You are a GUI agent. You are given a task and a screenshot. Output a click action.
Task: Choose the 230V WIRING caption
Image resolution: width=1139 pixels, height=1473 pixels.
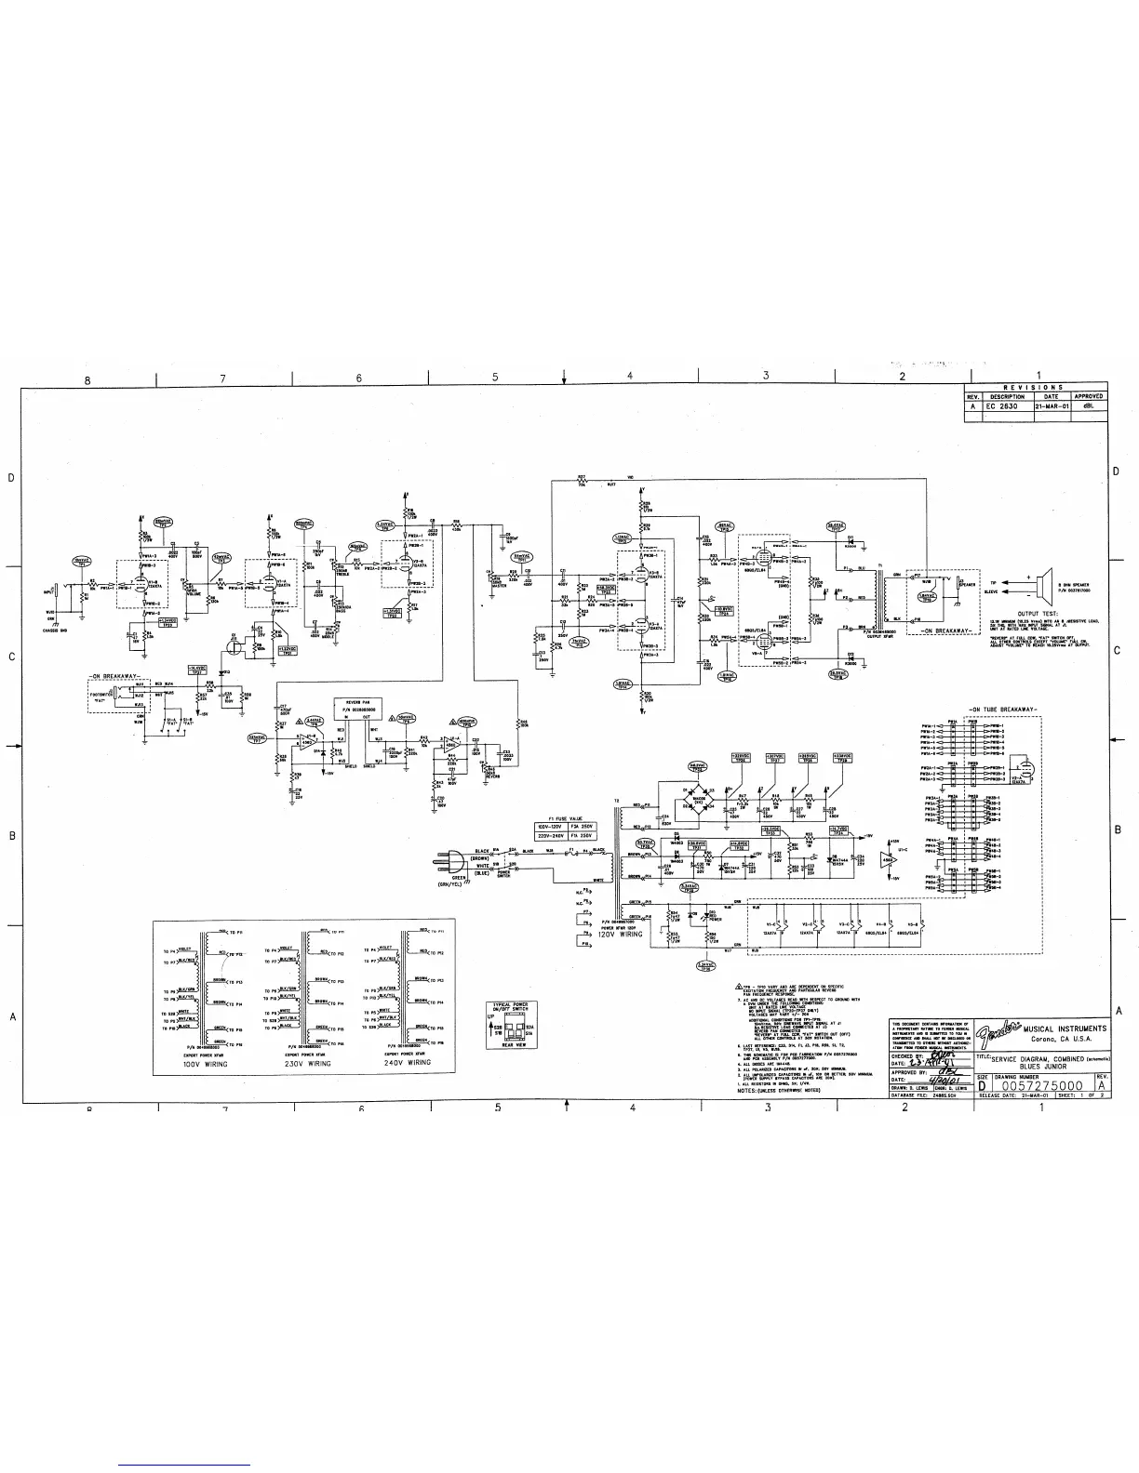[308, 1063]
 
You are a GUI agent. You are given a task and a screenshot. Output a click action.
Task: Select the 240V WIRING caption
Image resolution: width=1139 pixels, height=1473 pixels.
[408, 1063]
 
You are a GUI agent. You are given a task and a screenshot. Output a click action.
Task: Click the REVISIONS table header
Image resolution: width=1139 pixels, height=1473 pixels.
[1035, 387]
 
